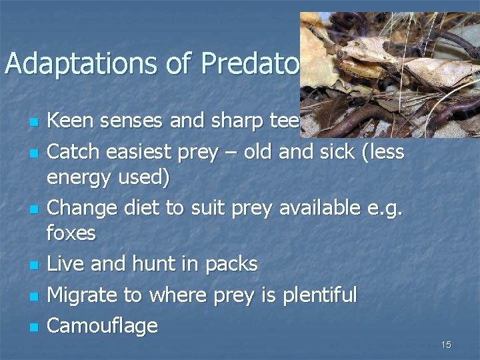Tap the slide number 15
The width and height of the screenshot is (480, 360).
(446, 345)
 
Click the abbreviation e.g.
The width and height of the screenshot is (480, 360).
(385, 209)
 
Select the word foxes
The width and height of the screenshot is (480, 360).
(71, 235)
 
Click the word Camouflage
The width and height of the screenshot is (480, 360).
(103, 326)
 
